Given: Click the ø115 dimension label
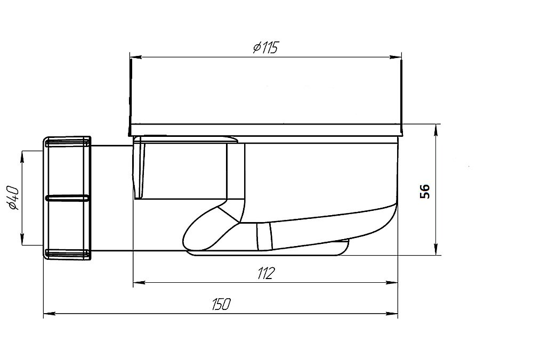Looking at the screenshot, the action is pyautogui.click(x=265, y=47).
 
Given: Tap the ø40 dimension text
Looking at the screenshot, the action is pyautogui.click(x=14, y=198).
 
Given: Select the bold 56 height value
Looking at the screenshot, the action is pyautogui.click(x=425, y=191).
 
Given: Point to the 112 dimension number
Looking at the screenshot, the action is pyautogui.click(x=266, y=273).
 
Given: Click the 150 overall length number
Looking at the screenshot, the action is pyautogui.click(x=221, y=304).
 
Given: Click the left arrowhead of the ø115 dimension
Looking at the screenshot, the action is pyautogui.click(x=135, y=57).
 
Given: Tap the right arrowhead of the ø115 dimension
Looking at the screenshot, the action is pyautogui.click(x=395, y=57).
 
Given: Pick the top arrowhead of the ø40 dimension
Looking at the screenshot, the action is pyautogui.click(x=22, y=157).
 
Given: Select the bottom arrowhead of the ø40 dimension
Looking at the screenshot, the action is pyautogui.click(x=22, y=239).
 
